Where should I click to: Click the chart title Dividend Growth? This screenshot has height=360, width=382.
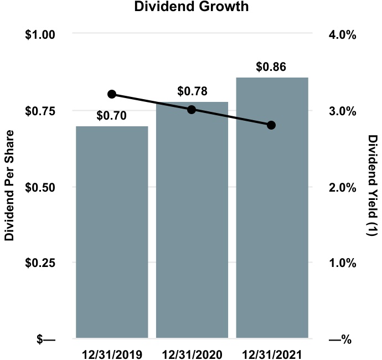pos(192,7)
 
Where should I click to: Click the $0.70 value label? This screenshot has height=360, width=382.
pos(112,116)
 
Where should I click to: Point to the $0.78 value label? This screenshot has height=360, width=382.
pos(192,91)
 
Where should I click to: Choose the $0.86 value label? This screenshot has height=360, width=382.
pos(271,67)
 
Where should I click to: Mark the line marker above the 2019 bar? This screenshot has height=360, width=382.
pos(112,94)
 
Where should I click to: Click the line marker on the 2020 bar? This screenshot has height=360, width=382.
pos(192,110)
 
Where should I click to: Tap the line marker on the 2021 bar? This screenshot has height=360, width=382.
pos(271,125)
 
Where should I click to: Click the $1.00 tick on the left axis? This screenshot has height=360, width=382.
pos(41,34)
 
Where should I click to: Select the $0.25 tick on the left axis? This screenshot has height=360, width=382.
pos(41,263)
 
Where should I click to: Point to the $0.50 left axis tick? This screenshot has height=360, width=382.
pos(41,187)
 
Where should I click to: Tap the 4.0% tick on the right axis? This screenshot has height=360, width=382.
pos(342,34)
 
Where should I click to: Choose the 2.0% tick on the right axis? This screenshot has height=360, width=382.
pos(342,187)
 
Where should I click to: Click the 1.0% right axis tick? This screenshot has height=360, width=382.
pos(342,263)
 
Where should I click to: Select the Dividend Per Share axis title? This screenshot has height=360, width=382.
pos(9,186)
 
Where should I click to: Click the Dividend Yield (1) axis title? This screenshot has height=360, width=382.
pos(373,186)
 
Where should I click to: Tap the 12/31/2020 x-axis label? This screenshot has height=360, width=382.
pos(192,353)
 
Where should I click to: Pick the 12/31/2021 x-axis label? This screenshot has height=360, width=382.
pos(272,353)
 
